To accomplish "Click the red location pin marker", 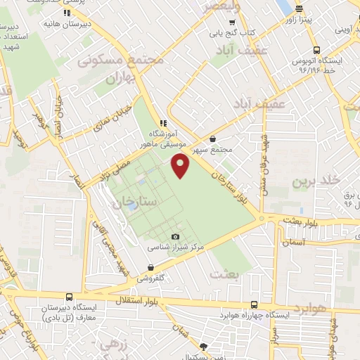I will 181,167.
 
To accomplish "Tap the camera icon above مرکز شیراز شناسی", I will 175,237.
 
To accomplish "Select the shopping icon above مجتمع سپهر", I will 214,139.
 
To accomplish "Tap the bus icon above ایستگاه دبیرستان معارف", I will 69,297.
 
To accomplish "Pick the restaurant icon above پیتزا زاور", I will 300,8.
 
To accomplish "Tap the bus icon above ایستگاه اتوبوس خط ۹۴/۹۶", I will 316,50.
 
